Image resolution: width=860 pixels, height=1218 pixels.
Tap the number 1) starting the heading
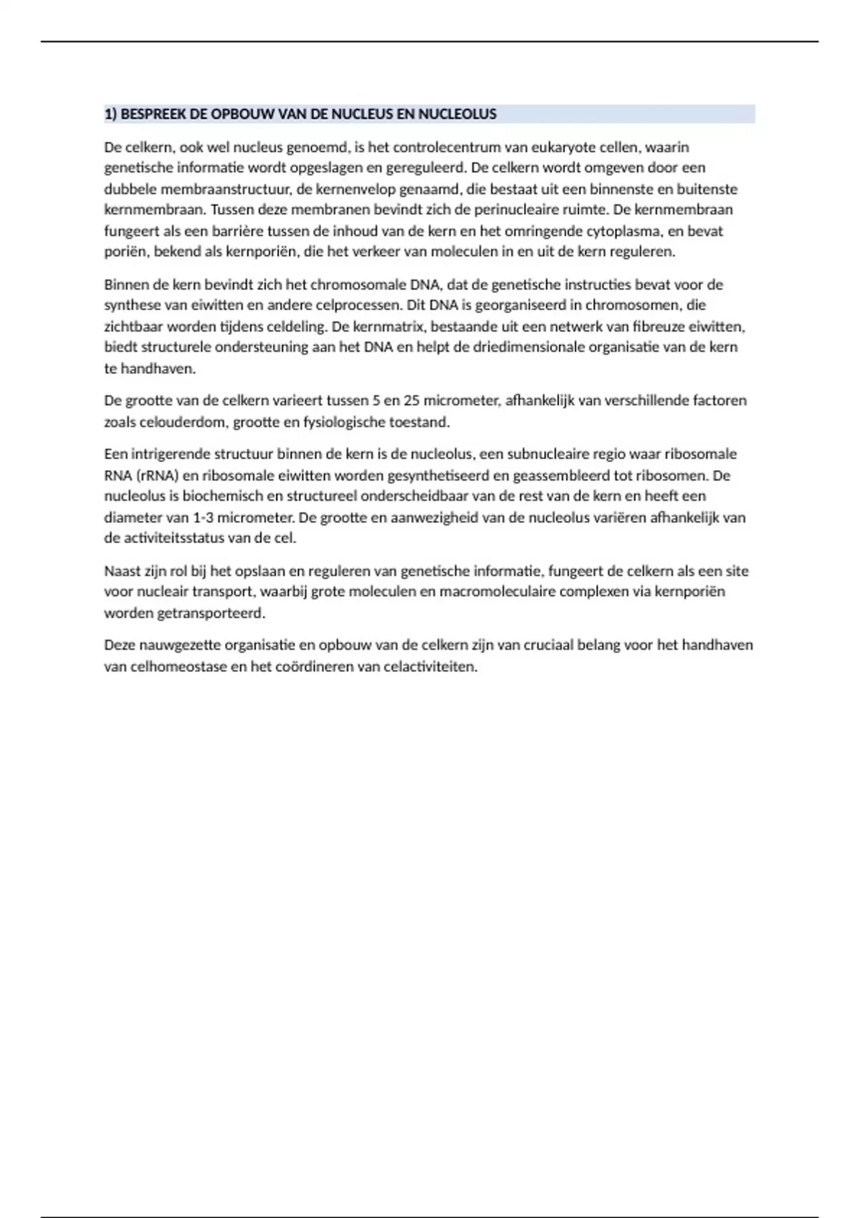[111, 114]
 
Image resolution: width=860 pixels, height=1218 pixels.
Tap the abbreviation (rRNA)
[156, 475]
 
